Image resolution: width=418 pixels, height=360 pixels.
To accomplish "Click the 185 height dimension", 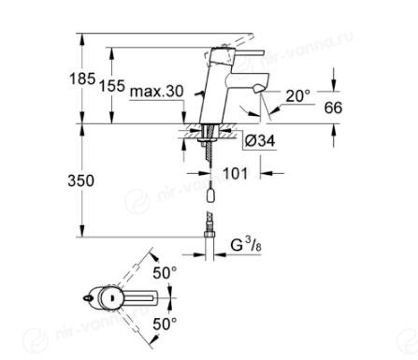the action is point(82,79).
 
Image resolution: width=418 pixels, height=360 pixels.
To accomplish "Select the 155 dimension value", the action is point(112,86).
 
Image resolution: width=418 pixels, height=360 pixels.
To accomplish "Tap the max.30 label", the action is point(157,92).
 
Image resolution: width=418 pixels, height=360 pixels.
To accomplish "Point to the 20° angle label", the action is point(298,96).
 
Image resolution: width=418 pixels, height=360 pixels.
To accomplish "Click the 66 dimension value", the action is point(333,108).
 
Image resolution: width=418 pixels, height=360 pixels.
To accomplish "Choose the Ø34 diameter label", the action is point(260,141).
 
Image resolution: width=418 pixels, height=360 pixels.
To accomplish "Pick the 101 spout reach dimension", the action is point(236,173).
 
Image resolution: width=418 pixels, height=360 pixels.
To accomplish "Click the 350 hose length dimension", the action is point(80,180).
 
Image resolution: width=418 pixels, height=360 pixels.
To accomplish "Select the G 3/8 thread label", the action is point(246,245).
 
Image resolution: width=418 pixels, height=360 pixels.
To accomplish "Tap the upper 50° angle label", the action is point(165,273).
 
